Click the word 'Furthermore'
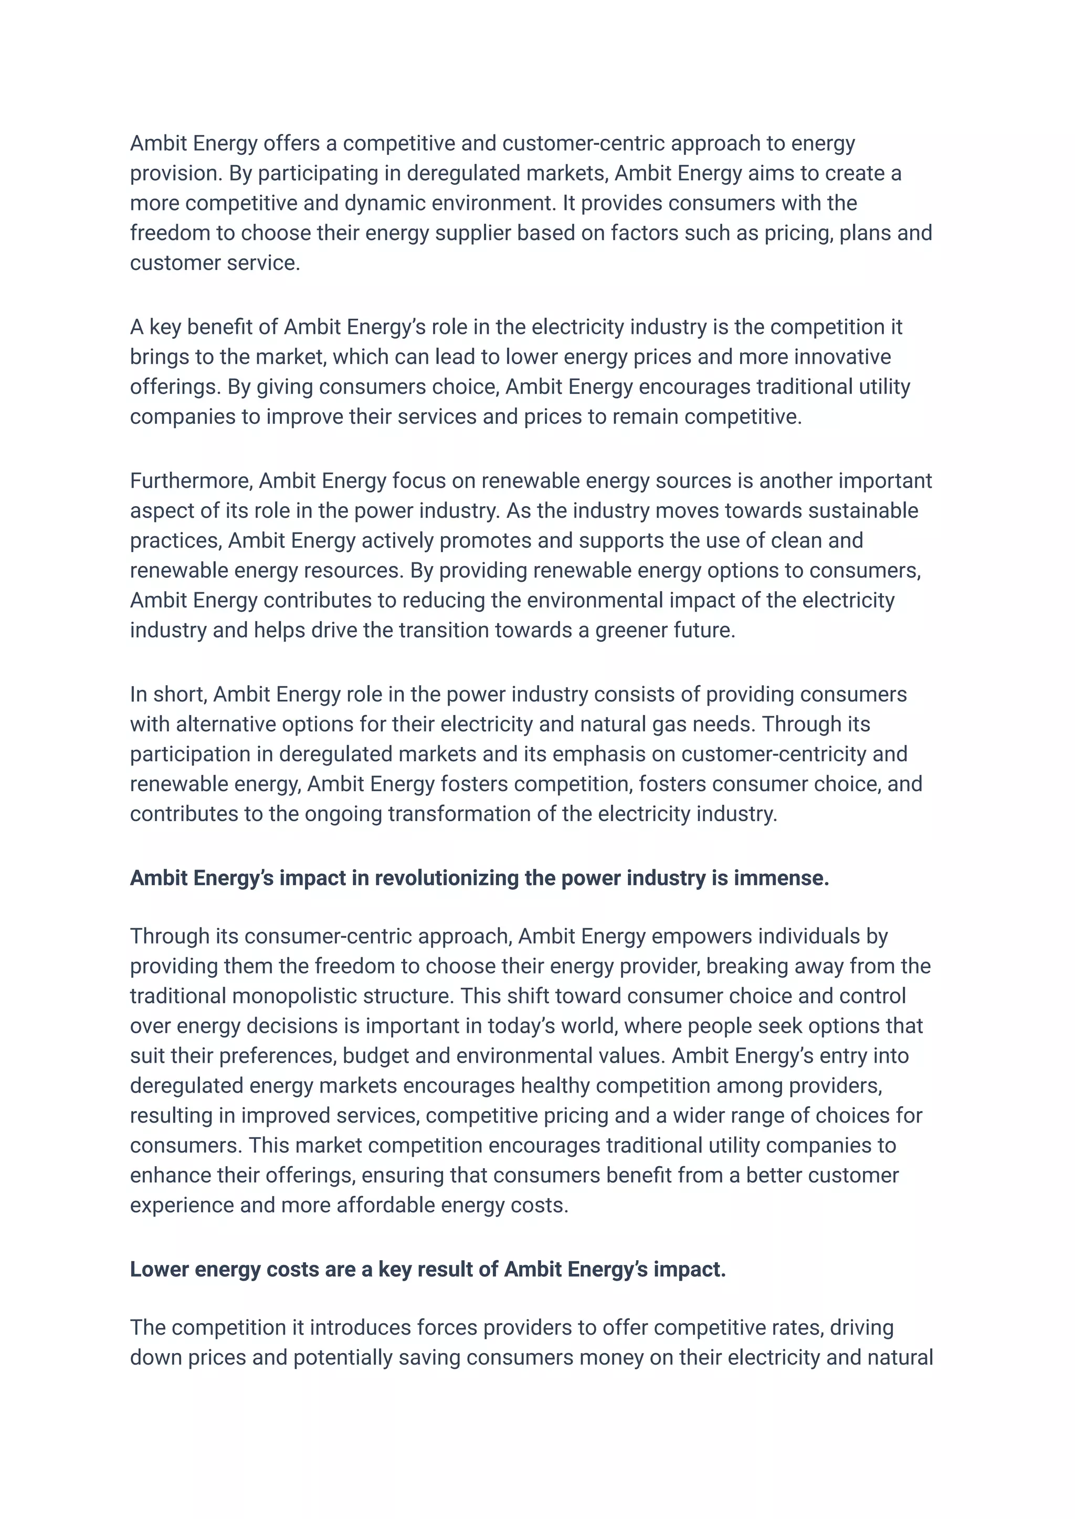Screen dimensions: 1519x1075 coord(191,481)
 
